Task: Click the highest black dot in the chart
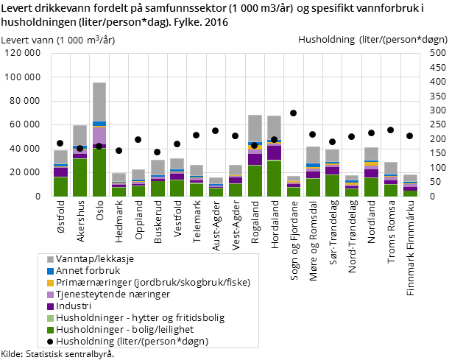(x=293, y=113)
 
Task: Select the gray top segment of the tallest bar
(x=99, y=102)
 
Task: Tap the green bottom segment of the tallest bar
(x=99, y=172)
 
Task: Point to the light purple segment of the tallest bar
(x=99, y=136)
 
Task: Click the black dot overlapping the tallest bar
(x=99, y=146)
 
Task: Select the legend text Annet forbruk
(x=90, y=271)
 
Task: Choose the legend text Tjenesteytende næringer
(x=113, y=294)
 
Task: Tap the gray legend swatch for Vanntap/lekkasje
(x=50, y=259)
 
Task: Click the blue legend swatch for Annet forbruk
(x=50, y=271)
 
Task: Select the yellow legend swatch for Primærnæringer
(x=50, y=283)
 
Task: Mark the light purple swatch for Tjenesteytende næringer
(x=50, y=294)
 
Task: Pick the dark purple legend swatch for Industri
(x=50, y=306)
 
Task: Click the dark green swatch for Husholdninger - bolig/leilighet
(x=50, y=330)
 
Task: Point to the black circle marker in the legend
(x=50, y=342)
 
